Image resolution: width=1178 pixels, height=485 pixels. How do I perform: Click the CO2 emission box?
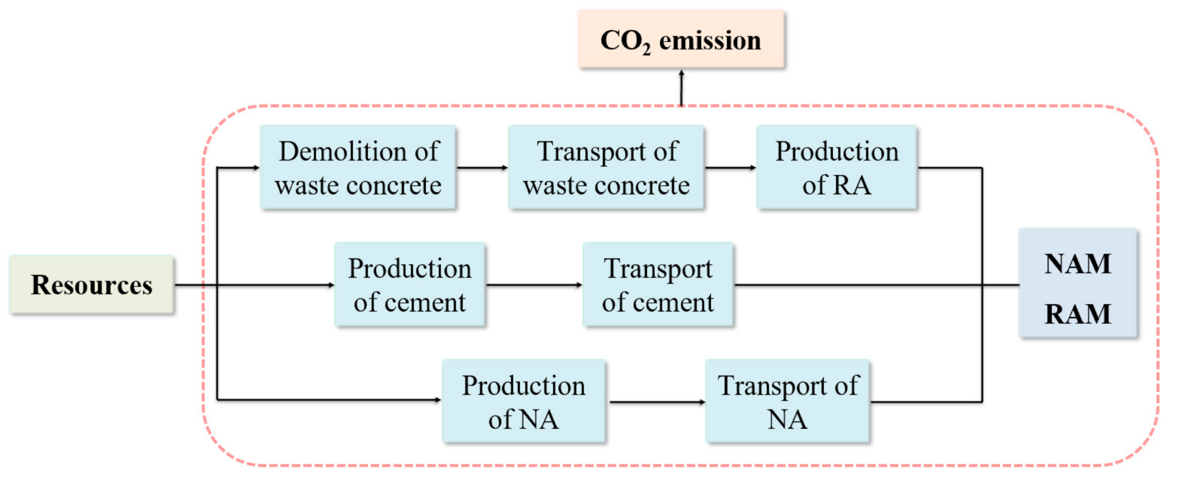[x=681, y=39]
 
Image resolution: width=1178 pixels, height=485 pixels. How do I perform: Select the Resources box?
[x=91, y=284]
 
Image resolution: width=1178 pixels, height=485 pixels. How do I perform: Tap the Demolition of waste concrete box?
[x=358, y=167]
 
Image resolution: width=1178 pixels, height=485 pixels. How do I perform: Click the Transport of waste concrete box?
[x=606, y=167]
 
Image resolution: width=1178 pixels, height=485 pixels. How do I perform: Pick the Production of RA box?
[x=837, y=167]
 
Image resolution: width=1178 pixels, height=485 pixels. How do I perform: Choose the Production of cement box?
[x=410, y=285]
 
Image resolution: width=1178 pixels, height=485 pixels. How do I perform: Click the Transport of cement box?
[x=658, y=285]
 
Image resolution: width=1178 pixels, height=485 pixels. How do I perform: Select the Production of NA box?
[x=524, y=402]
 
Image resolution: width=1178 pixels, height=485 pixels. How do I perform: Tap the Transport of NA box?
[x=787, y=402]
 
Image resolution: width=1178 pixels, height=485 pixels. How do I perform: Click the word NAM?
[x=1078, y=264]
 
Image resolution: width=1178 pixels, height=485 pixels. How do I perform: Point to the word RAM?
[x=1078, y=314]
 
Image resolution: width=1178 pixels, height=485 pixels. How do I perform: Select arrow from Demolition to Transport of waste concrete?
[x=482, y=167]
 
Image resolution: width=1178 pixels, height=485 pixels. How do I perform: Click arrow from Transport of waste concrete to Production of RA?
[x=730, y=167]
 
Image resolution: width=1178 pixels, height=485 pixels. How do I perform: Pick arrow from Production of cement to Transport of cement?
[x=534, y=285]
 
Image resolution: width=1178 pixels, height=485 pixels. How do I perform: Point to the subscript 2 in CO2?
[x=646, y=50]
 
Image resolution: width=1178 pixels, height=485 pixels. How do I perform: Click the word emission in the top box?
[x=710, y=41]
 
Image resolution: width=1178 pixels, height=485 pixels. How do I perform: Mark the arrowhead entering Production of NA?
[x=437, y=400]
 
